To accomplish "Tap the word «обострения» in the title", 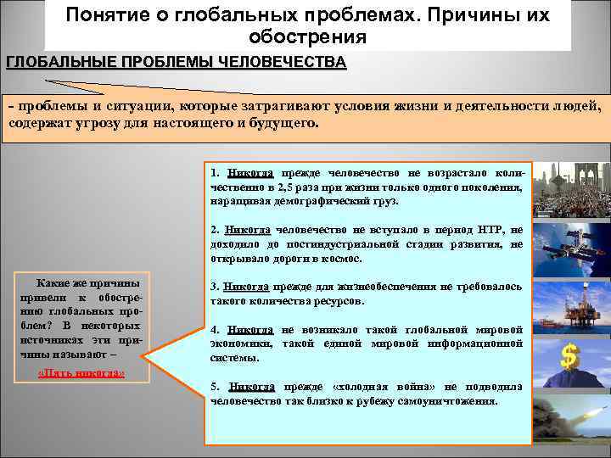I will [x=308, y=37].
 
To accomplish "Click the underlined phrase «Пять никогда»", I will [x=82, y=373].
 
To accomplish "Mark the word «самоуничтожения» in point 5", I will [x=451, y=400].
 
